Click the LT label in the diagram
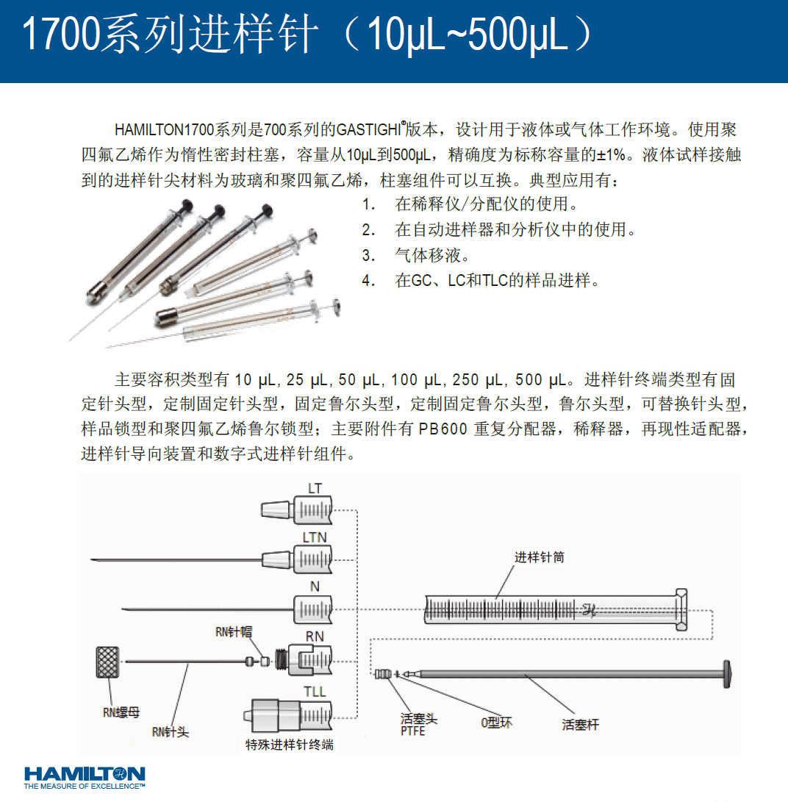[315, 488]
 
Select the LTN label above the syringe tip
[315, 537]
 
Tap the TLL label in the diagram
[315, 692]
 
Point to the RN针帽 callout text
[234, 631]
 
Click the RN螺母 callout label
[121, 712]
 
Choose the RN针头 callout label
[171, 732]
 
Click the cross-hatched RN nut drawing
[107, 662]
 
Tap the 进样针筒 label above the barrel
[539, 557]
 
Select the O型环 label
[496, 722]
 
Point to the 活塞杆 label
[581, 724]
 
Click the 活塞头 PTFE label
[419, 725]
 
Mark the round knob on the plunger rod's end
[727, 674]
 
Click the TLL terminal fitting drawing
[288, 715]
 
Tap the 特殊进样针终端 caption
[290, 745]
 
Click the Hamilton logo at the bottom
[85, 778]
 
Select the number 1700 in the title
[60, 34]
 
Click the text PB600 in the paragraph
[443, 429]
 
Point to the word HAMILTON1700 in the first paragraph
[164, 130]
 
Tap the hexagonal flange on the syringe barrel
[681, 609]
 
